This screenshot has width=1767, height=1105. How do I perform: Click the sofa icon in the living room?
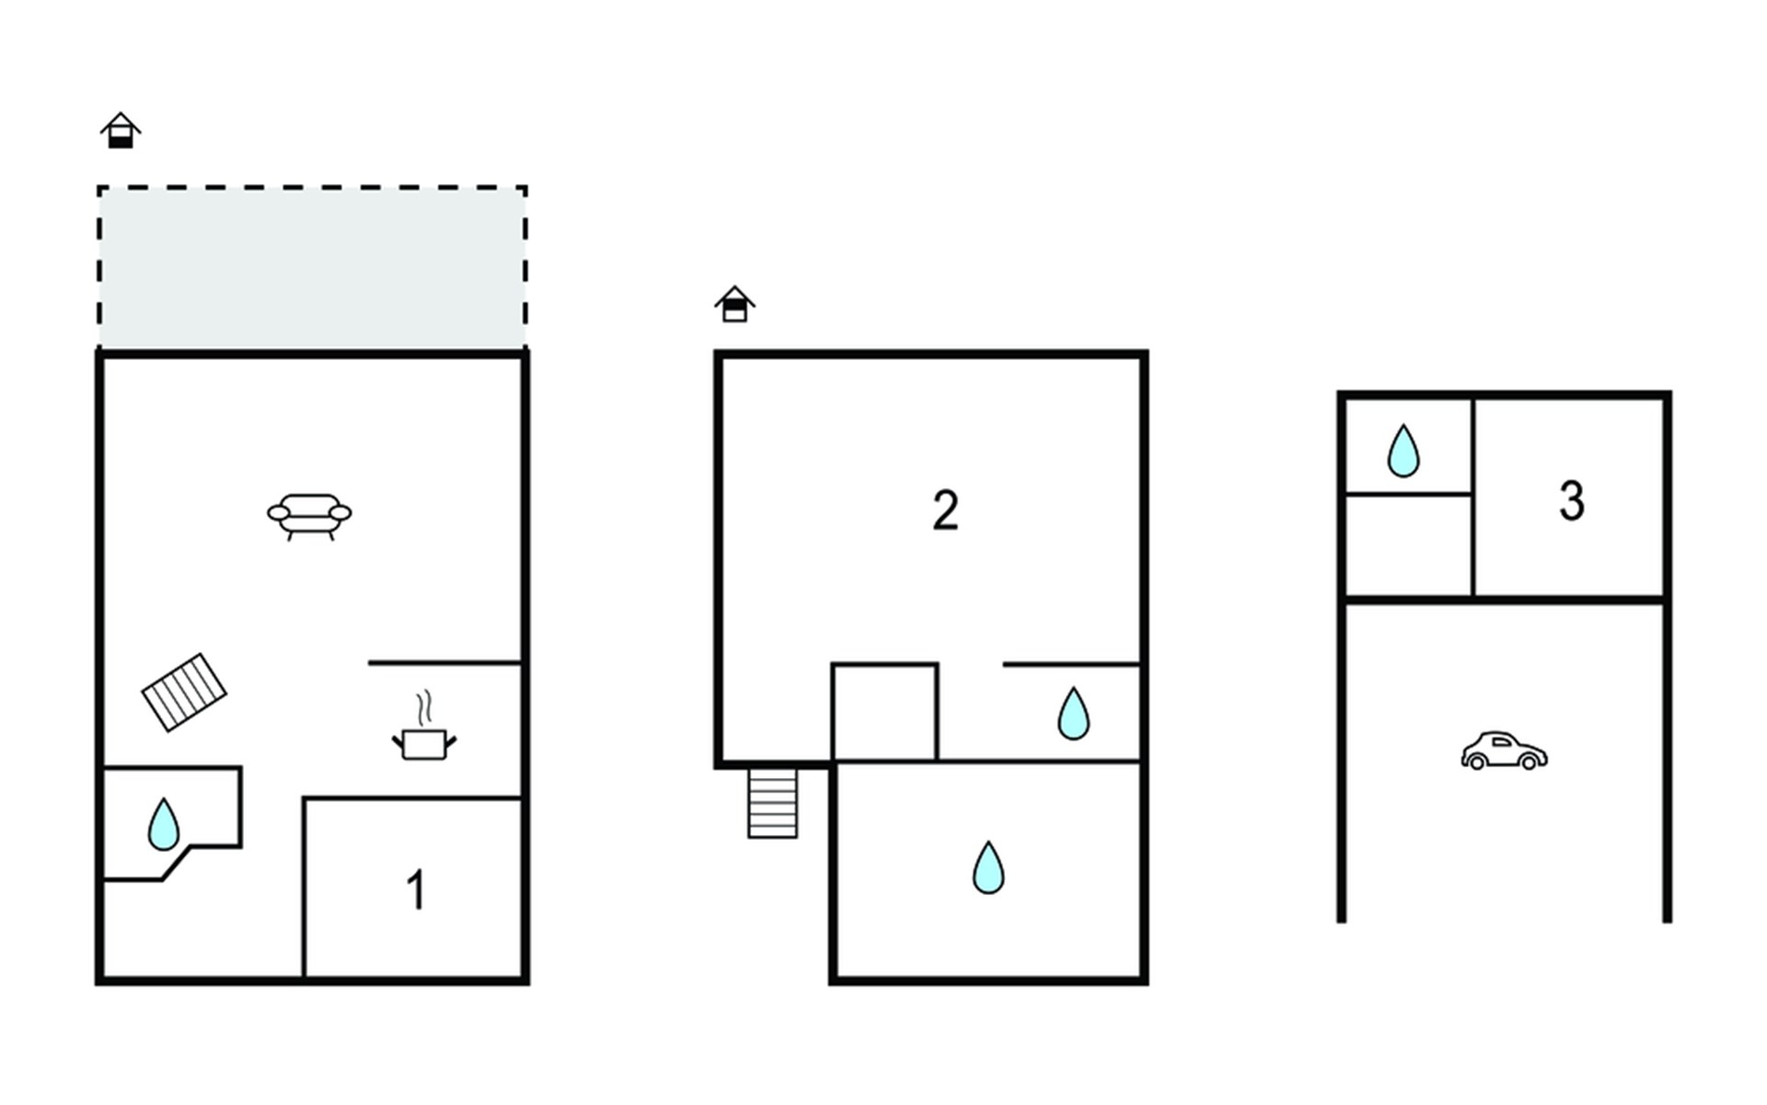pyautogui.click(x=309, y=515)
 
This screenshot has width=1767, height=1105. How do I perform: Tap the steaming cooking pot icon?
pyautogui.click(x=424, y=742)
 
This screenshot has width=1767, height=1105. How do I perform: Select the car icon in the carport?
pyautogui.click(x=1504, y=751)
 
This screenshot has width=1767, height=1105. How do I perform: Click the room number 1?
pyautogui.click(x=416, y=890)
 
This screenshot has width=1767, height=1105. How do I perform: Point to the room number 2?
pyautogui.click(x=945, y=510)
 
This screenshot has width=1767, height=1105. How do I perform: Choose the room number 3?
pyautogui.click(x=1572, y=502)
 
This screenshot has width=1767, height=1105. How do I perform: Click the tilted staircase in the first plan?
pyautogui.click(x=184, y=692)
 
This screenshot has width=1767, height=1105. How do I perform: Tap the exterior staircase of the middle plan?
pyautogui.click(x=772, y=803)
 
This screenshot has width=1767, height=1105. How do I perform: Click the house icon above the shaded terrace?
pyautogui.click(x=121, y=131)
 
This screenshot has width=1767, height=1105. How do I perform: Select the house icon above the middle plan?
pyautogui.click(x=734, y=304)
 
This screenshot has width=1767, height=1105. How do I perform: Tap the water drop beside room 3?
pyautogui.click(x=1403, y=451)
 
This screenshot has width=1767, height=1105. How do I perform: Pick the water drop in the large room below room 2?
pyautogui.click(x=988, y=867)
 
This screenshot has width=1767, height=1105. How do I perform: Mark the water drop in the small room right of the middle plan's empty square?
pyautogui.click(x=1073, y=714)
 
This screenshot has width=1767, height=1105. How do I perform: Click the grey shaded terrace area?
pyautogui.click(x=312, y=267)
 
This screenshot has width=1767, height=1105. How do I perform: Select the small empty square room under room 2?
pyautogui.click(x=884, y=712)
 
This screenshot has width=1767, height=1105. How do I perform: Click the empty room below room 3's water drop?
pyautogui.click(x=1408, y=545)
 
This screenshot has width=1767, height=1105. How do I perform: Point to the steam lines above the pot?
pyautogui.click(x=424, y=709)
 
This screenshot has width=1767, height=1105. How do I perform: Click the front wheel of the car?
pyautogui.click(x=1476, y=762)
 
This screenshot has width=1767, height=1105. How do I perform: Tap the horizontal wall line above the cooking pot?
pyautogui.click(x=445, y=662)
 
